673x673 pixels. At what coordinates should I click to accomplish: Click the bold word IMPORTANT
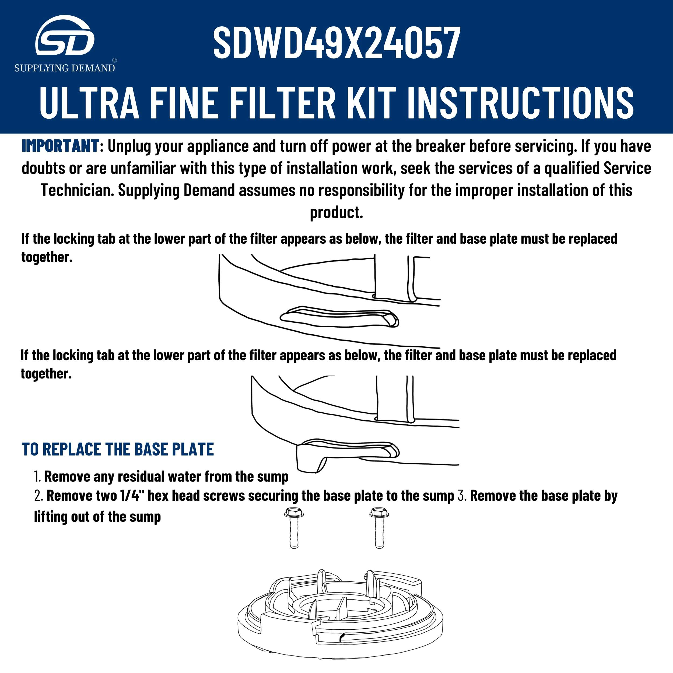click(x=60, y=146)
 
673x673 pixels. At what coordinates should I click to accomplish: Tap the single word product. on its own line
click(x=336, y=212)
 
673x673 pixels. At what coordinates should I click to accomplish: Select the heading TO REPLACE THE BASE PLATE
click(x=117, y=449)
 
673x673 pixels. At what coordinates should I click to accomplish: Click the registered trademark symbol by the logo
click(x=115, y=60)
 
